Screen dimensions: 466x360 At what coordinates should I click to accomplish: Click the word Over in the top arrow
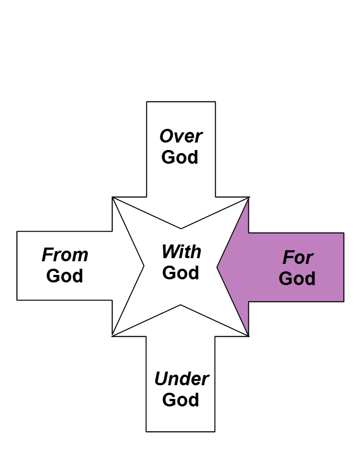(x=181, y=136)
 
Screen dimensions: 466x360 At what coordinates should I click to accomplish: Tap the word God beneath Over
(x=180, y=157)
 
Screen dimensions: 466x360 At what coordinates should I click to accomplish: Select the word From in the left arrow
(x=65, y=255)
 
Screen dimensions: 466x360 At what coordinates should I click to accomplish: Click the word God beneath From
(x=64, y=276)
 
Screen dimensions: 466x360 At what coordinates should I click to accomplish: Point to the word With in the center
(x=181, y=252)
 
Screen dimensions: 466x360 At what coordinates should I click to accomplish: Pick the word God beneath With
(x=180, y=273)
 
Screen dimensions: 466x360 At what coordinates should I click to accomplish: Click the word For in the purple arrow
(x=298, y=258)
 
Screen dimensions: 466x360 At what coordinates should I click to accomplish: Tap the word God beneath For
(x=297, y=278)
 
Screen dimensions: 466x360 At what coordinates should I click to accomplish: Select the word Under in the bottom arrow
(x=181, y=379)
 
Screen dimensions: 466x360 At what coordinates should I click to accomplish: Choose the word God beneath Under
(x=180, y=399)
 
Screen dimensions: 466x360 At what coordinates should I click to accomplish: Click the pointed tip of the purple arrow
(x=217, y=267)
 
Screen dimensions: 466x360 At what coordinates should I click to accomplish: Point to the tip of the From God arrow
(x=144, y=266)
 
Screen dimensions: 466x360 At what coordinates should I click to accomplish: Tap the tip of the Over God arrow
(x=181, y=228)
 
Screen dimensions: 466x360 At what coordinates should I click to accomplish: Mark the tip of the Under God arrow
(x=181, y=305)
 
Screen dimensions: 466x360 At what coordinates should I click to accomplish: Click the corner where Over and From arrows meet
(x=112, y=197)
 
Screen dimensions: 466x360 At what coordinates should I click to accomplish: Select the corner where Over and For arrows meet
(x=249, y=197)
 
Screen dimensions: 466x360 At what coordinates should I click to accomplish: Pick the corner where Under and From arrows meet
(x=112, y=336)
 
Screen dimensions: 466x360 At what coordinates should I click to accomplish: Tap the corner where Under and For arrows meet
(x=249, y=336)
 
